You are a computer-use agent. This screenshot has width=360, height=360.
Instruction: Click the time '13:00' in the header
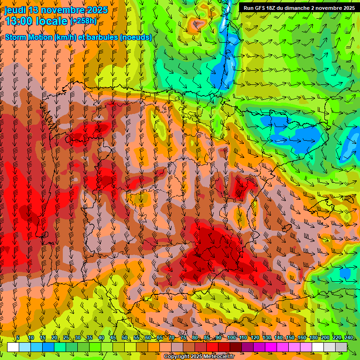19,21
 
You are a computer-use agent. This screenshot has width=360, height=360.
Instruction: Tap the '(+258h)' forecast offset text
84,21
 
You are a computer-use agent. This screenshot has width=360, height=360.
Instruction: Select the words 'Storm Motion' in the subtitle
30,37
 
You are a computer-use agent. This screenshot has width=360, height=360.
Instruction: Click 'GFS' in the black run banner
262,8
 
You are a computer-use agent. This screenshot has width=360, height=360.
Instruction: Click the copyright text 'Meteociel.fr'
215,357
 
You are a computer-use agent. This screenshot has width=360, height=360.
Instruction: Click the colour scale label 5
18,338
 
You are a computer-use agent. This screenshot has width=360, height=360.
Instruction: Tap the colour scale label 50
124,338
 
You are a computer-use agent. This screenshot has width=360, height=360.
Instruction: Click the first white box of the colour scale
13,347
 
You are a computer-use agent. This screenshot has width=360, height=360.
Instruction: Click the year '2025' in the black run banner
347,8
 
